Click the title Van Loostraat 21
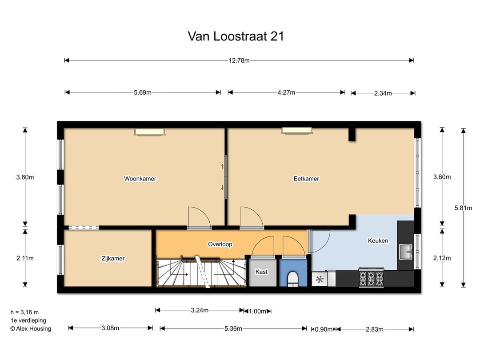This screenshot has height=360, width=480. pos(236,36)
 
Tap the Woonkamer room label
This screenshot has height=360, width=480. pos(140,179)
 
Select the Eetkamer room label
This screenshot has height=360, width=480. pos(306,179)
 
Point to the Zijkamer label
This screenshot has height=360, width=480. pos(113,258)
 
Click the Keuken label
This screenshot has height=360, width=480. pos(378,241)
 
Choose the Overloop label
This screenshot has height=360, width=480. pos(220,244)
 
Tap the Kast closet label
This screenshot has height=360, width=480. pos(261,272)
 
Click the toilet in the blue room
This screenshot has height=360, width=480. pos(292,279)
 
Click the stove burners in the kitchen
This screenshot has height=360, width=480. pos(371,279)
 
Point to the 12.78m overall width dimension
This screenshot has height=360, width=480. pos(239,60)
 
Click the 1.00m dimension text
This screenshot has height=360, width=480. pos(257,311)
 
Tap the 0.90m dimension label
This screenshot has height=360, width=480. pos(323,329)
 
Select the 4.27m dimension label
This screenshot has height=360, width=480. pos(286,92)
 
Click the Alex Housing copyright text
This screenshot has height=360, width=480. pos(31,329)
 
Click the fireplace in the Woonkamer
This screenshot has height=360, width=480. pos(150,132)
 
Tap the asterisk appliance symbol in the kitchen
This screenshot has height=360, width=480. pos(319,280)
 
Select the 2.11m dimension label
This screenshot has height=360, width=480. pos(25,258)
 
